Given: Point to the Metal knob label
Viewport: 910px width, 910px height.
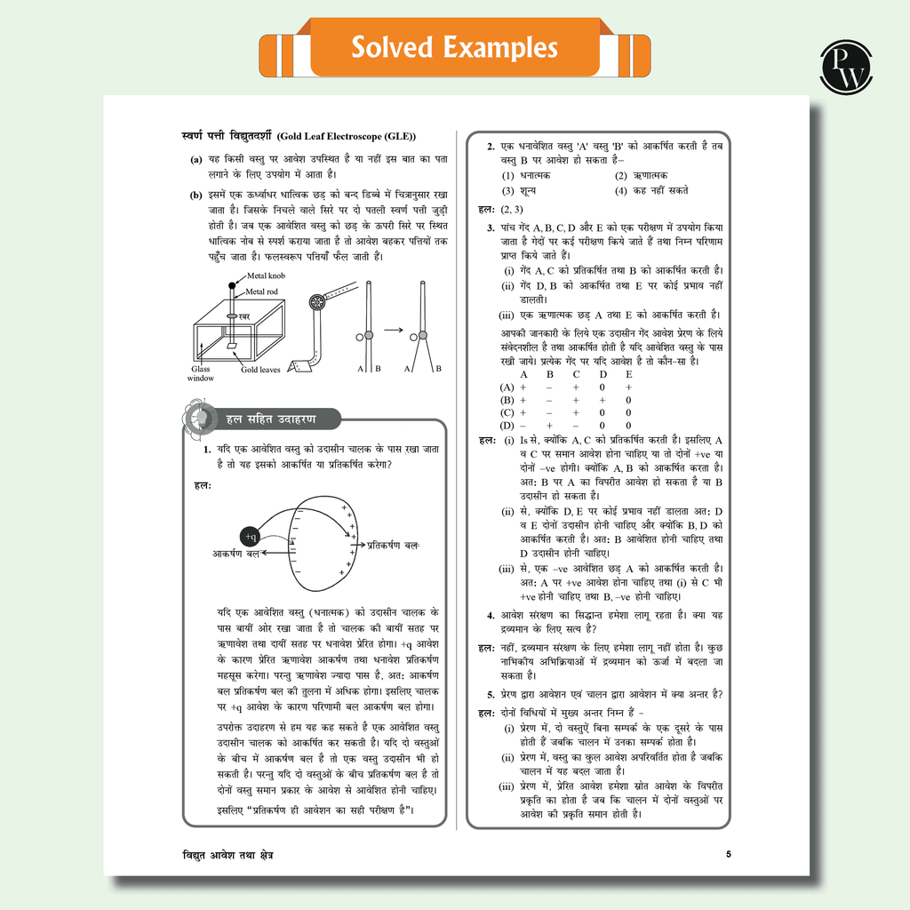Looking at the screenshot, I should (267, 276).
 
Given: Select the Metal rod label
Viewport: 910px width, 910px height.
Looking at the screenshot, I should (263, 291).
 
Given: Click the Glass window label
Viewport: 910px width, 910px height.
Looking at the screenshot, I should (201, 373).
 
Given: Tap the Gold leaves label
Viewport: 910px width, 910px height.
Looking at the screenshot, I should (260, 370).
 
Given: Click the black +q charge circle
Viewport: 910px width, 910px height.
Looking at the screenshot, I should (249, 536).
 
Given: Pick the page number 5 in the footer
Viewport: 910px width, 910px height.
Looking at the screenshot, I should (729, 855).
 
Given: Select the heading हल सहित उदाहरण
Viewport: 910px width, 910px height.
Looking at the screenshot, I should (264, 419).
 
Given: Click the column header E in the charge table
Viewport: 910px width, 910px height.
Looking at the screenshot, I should (628, 374).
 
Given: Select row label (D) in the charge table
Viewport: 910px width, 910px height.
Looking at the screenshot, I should (507, 426).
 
